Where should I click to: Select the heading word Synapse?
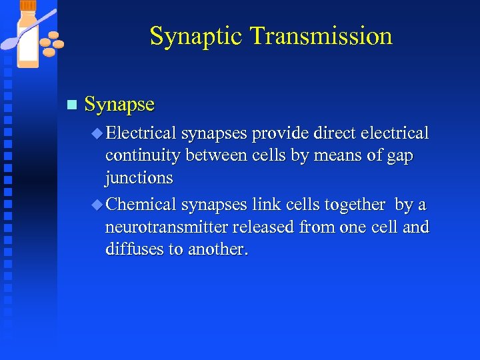119,105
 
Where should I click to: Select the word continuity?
143,156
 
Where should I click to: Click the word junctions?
139,179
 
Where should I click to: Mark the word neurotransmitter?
167,227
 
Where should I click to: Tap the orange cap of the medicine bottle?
29,7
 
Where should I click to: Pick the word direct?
334,134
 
